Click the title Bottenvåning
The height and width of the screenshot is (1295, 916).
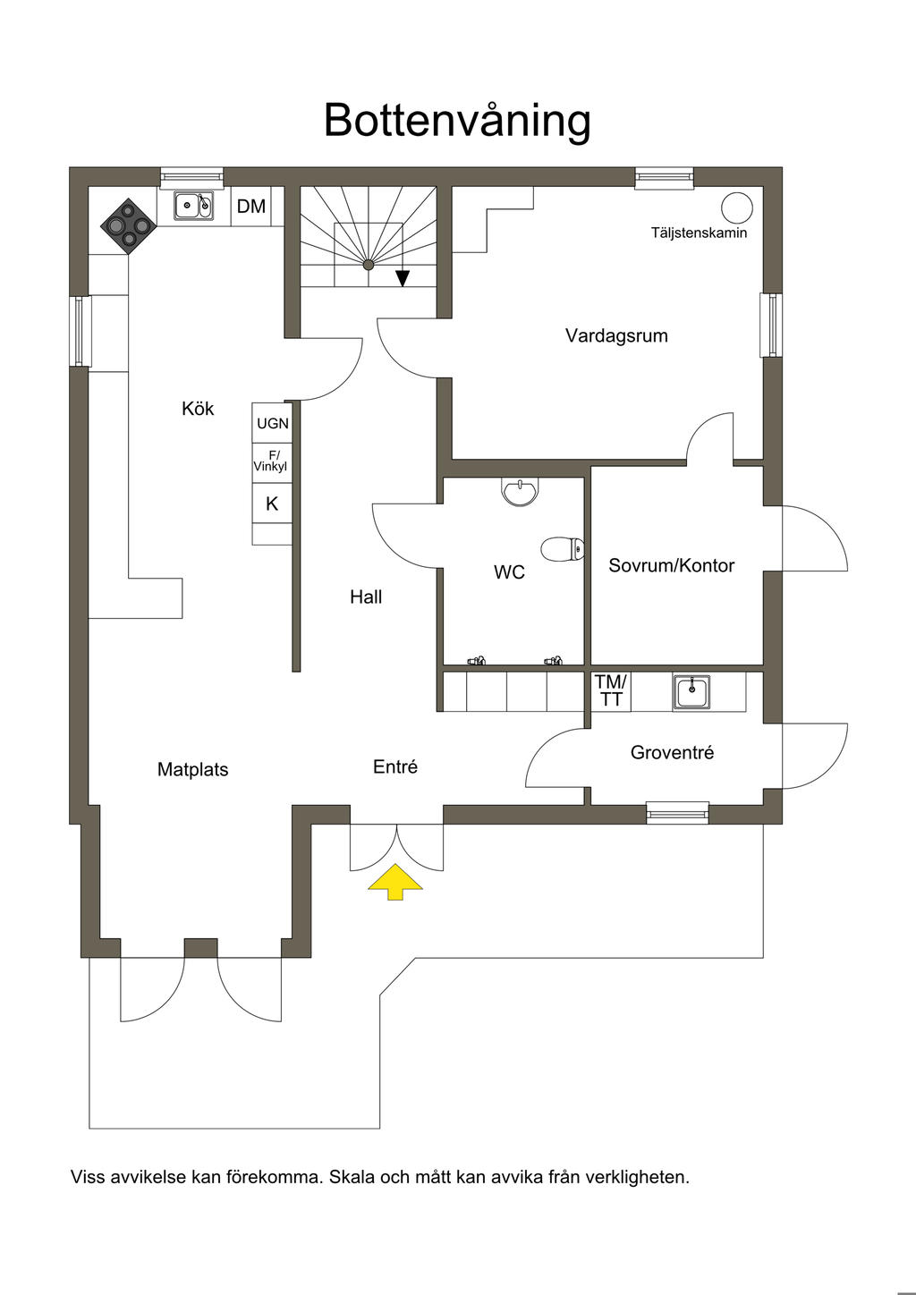[457, 122]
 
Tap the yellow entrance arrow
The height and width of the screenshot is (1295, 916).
[395, 882]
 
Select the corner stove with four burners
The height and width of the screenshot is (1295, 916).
[129, 225]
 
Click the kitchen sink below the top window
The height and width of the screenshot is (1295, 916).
[194, 206]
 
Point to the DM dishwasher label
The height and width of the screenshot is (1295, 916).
[251, 207]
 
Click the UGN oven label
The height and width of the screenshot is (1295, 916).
[272, 423]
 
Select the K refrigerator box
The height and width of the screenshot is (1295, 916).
[272, 504]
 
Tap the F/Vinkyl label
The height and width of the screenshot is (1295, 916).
[271, 461]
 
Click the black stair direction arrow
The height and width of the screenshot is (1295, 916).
[403, 279]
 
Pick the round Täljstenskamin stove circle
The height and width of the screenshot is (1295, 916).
[737, 207]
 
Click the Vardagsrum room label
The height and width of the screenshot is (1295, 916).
[616, 335]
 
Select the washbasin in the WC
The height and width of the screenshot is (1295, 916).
[520, 491]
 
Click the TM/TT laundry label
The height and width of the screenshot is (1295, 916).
[611, 690]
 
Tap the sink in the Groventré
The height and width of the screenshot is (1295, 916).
[691, 691]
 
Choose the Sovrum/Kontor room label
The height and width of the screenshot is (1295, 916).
[672, 565]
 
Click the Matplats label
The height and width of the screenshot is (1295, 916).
[192, 769]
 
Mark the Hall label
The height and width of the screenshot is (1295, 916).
[366, 597]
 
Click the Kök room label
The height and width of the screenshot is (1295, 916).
[198, 408]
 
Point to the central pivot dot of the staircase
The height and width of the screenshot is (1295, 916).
[369, 265]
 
